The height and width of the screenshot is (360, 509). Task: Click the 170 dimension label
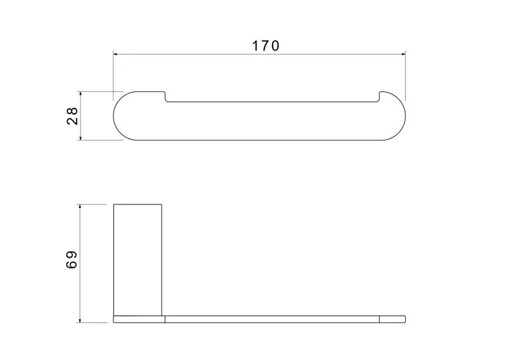pyautogui.click(x=265, y=46)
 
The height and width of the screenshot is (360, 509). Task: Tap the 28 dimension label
pyautogui.click(x=72, y=116)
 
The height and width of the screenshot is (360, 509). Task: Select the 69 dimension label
pyautogui.click(x=72, y=260)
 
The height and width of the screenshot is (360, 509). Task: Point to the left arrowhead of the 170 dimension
pyautogui.click(x=115, y=54)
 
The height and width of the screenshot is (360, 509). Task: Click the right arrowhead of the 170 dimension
pyautogui.click(x=404, y=54)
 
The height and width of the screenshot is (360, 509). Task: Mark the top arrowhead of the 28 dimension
pyautogui.click(x=80, y=94)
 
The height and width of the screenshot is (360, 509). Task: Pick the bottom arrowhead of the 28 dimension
pyautogui.click(x=80, y=138)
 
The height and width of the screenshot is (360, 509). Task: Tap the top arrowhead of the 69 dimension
pyautogui.click(x=80, y=207)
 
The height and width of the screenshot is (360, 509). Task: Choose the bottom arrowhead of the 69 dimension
pyautogui.click(x=80, y=321)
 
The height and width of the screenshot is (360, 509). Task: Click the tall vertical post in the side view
pyautogui.click(x=138, y=260)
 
